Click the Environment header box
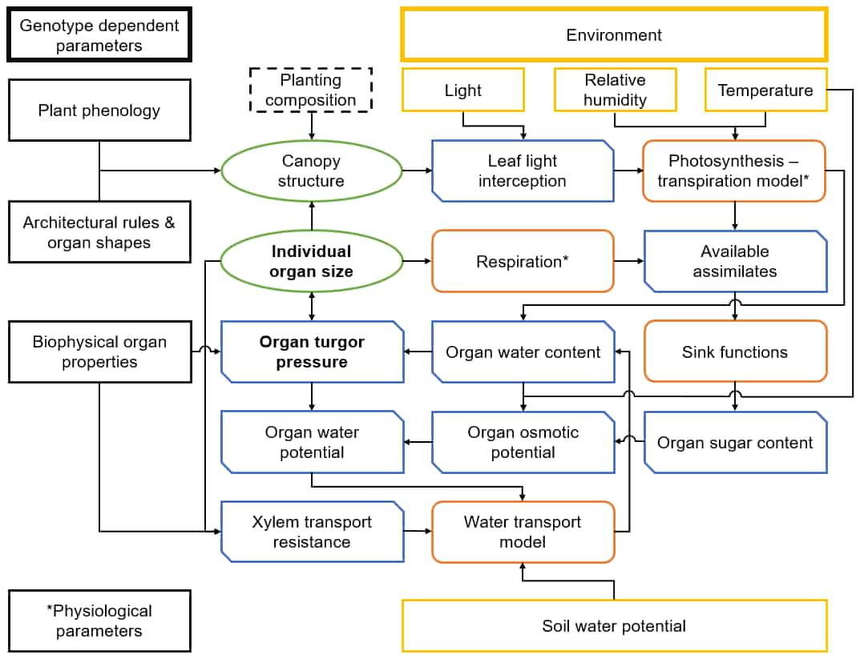614,35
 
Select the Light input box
463,90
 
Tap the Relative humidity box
616,90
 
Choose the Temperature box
765,90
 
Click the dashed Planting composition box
311,90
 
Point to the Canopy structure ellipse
311,171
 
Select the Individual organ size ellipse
311,262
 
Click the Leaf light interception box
523,171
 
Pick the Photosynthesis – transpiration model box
734,171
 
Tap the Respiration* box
523,261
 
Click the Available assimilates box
734,262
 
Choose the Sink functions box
734,352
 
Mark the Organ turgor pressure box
311,352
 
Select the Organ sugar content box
734,443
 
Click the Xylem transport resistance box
311,532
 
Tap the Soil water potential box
614,625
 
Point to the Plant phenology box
99,111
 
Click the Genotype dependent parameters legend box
99,36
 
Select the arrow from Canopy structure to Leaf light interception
416,171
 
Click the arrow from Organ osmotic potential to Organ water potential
418,442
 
